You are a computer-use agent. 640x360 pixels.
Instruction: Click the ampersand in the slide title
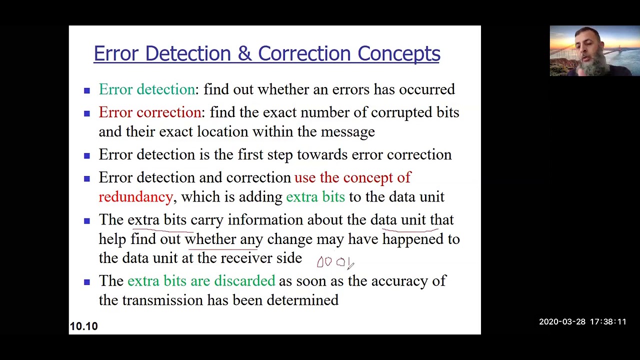click(x=244, y=54)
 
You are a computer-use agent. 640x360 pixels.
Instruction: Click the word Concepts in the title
click(x=398, y=54)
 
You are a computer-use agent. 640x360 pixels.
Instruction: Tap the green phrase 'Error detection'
click(x=146, y=89)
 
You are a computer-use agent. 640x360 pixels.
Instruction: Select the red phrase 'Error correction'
click(x=149, y=112)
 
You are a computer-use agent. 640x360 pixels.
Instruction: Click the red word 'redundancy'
click(x=135, y=197)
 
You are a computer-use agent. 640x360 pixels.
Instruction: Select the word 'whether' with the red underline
click(x=210, y=239)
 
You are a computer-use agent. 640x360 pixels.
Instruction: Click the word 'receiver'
click(x=246, y=258)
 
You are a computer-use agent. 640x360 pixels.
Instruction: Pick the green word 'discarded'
click(x=244, y=281)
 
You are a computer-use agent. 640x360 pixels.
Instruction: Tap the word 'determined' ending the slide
click(x=302, y=300)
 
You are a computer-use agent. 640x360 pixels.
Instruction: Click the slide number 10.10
click(x=83, y=326)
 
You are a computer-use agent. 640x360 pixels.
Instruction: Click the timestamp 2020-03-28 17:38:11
click(x=582, y=322)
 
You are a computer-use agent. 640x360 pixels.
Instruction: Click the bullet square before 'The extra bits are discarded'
click(x=87, y=282)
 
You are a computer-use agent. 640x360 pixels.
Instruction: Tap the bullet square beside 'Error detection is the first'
click(x=87, y=155)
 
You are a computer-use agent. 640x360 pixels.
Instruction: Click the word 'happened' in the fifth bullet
click(x=413, y=239)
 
